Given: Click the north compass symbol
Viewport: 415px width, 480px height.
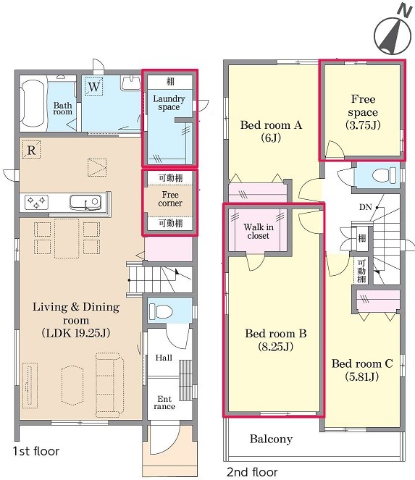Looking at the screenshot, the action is [x=393, y=32].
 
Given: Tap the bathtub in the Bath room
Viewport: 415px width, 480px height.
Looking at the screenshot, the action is [x=33, y=103].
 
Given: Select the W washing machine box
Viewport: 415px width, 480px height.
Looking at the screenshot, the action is [x=93, y=86].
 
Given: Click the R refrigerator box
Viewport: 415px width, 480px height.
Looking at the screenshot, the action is [x=31, y=150].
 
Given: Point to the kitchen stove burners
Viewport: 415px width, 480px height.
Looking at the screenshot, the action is [x=36, y=202].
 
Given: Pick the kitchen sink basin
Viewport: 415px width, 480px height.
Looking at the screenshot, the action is [x=85, y=202].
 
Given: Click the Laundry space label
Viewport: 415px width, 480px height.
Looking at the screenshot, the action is [x=169, y=103].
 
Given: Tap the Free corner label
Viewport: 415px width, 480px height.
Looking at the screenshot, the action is [x=170, y=199].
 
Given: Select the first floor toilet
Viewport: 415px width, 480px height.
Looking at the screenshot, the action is [x=160, y=311].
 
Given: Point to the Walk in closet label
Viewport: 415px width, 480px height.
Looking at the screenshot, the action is [x=259, y=231].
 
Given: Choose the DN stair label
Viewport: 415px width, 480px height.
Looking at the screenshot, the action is [x=365, y=207].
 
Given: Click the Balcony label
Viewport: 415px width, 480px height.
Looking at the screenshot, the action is [x=271, y=439].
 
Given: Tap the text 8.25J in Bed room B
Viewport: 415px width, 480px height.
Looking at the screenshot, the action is [x=276, y=347].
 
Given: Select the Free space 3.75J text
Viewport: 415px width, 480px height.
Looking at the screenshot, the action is [x=363, y=112].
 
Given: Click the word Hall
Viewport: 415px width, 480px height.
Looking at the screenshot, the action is [x=164, y=358].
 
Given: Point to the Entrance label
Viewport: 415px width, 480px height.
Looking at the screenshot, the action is [x=164, y=403].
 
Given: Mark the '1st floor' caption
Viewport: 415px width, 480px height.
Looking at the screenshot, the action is [x=36, y=451].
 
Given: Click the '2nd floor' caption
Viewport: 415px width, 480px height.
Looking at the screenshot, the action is [x=252, y=472].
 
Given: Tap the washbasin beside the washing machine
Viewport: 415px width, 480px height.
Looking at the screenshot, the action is [x=131, y=83].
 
